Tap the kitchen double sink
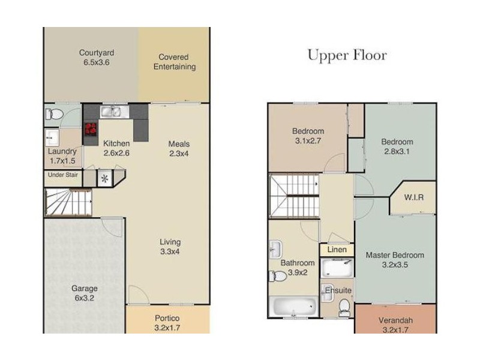tap(115, 112)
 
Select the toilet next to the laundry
tap(55, 115)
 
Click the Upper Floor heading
tap(347, 56)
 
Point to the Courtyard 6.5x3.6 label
tap(97, 58)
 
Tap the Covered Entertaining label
tap(175, 62)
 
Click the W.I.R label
tap(414, 197)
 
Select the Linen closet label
tap(337, 250)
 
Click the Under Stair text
tap(63, 175)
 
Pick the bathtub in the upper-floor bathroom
tap(294, 307)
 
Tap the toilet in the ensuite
tap(344, 308)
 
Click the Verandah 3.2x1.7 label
tap(395, 325)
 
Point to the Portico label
tap(167, 319)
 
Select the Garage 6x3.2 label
tap(85, 293)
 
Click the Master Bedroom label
tap(395, 256)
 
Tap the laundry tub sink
tap(52, 138)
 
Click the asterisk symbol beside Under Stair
tap(104, 178)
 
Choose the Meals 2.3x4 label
tap(179, 149)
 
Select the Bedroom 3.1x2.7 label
tap(308, 136)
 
